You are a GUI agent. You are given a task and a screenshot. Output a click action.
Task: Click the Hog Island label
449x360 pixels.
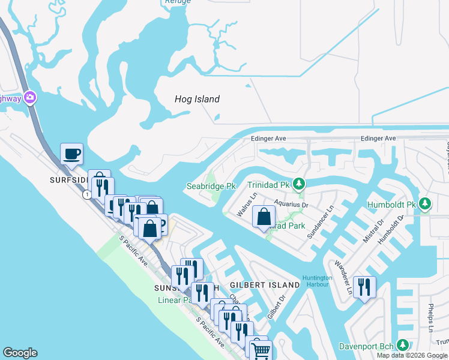[x=197, y=99]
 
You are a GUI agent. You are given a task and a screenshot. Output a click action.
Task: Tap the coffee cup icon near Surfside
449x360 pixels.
[x=72, y=154]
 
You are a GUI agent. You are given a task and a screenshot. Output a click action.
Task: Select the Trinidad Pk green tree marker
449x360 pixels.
[x=304, y=184]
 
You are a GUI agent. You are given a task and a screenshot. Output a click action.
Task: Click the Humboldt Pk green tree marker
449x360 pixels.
[x=425, y=205]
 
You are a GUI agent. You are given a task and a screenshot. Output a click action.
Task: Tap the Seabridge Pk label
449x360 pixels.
[x=211, y=187]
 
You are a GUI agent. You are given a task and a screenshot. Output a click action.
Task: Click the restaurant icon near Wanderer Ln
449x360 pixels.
[x=364, y=287]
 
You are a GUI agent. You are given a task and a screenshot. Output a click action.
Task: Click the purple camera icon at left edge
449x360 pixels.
[x=30, y=97]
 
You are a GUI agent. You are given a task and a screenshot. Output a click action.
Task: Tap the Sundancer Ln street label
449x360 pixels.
[x=320, y=224]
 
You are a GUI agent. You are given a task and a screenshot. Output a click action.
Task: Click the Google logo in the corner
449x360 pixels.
[x=20, y=353]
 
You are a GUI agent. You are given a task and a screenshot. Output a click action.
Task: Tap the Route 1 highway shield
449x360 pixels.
[x=88, y=195]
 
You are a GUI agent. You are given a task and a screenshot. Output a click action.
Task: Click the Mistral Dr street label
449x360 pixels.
[x=373, y=232]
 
